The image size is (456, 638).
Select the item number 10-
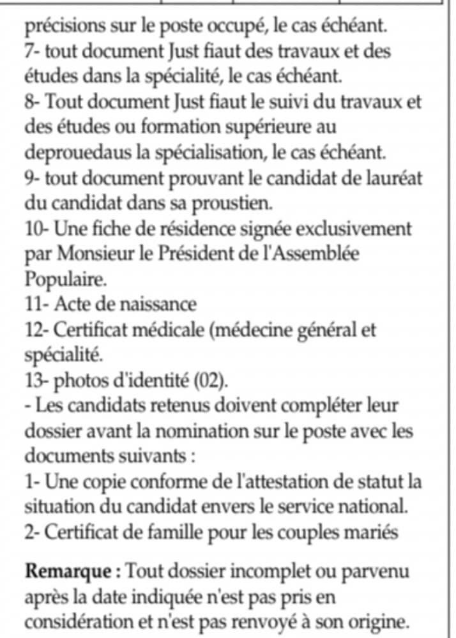click(x=37, y=228)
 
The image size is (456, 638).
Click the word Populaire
click(x=56, y=278)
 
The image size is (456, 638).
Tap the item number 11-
click(x=36, y=303)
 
